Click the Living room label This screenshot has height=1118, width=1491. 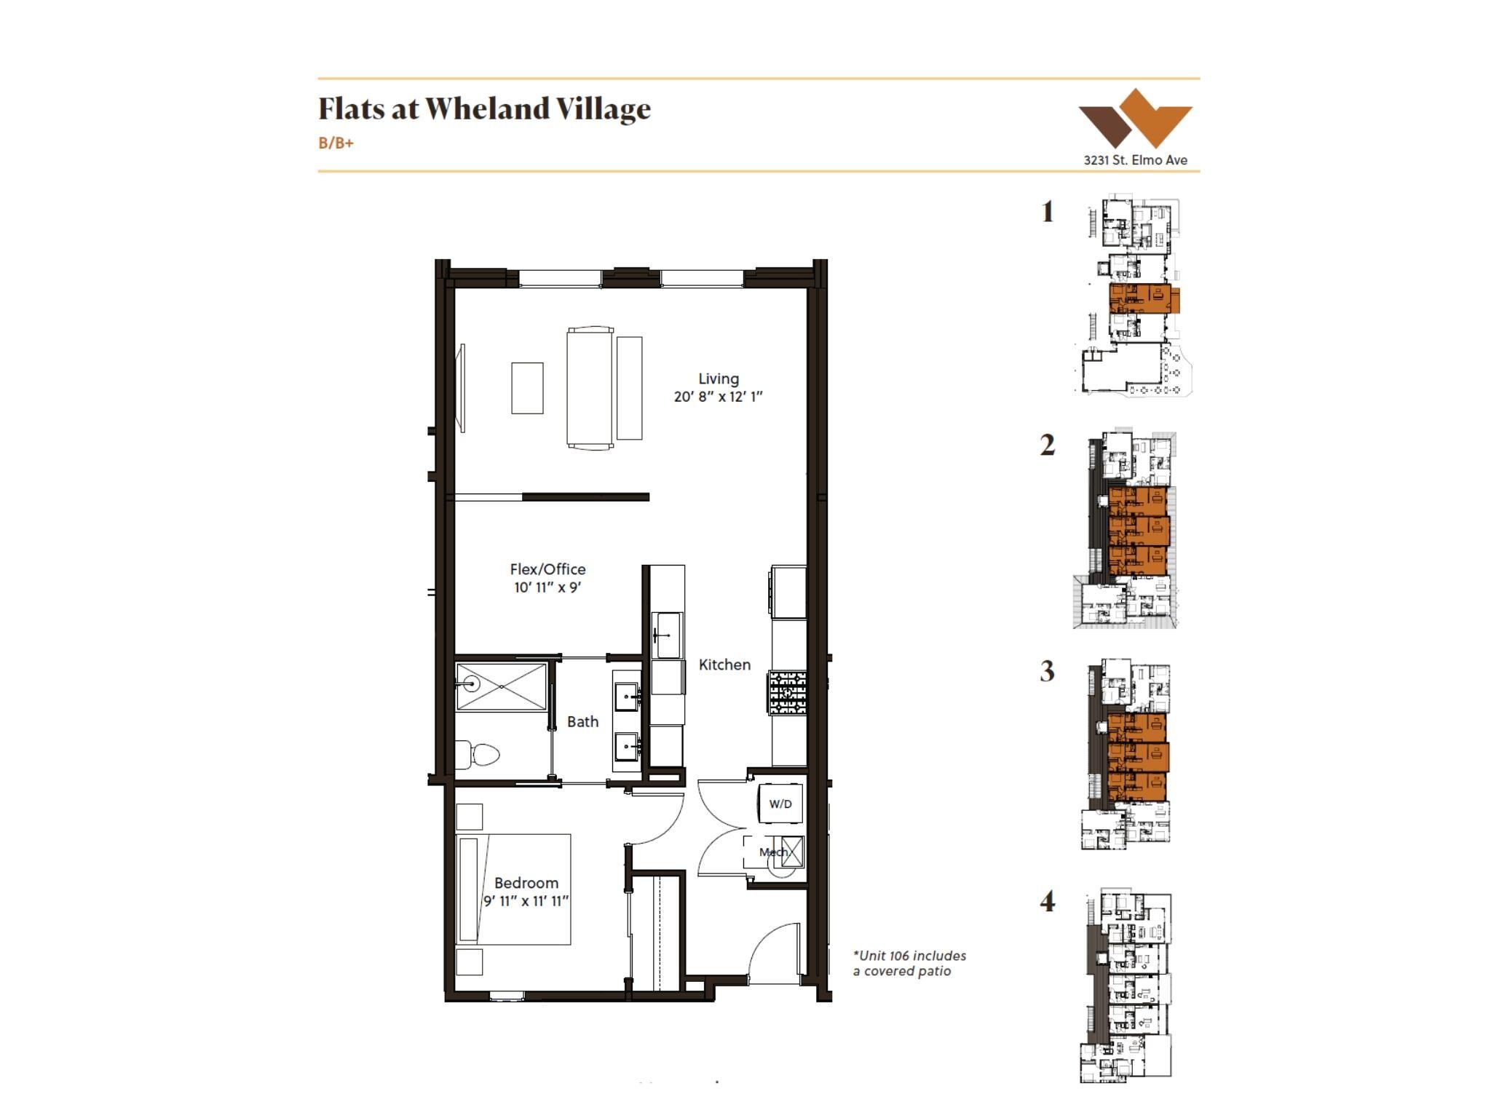click(719, 378)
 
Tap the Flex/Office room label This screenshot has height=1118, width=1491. click(547, 569)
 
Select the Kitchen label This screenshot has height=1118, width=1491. click(724, 665)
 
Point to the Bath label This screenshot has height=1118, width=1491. click(582, 721)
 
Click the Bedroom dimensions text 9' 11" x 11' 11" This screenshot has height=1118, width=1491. click(526, 901)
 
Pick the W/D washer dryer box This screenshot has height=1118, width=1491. click(780, 804)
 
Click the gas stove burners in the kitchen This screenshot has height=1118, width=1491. click(787, 692)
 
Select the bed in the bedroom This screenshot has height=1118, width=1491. click(513, 889)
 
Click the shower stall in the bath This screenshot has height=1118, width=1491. click(501, 686)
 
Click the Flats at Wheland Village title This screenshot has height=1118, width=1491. click(484, 108)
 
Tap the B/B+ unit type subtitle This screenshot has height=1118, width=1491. click(336, 143)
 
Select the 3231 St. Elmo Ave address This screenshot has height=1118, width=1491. click(1135, 160)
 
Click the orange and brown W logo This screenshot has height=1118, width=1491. click(1135, 119)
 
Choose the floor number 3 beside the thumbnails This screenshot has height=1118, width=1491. click(1047, 671)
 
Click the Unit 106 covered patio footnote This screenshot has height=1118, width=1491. click(909, 963)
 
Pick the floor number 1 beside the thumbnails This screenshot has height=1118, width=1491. click(1047, 212)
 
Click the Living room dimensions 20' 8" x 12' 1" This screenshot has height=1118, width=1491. click(718, 397)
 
